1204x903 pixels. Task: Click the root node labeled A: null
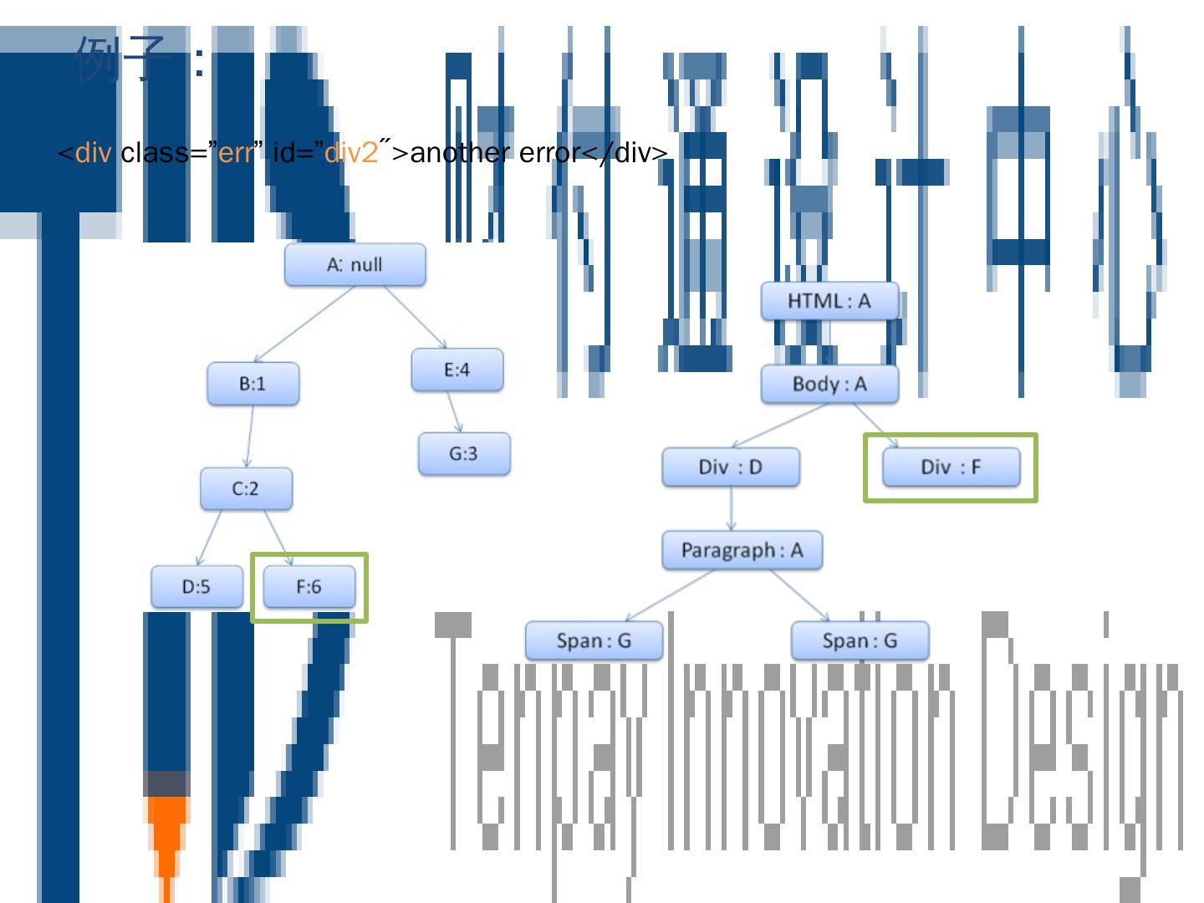[x=355, y=265]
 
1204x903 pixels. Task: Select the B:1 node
[x=253, y=384]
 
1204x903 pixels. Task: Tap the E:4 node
[x=457, y=370]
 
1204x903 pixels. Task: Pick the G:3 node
[x=463, y=454]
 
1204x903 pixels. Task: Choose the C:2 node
[x=246, y=488]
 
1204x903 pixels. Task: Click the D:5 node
[x=196, y=586]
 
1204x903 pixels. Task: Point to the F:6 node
[x=309, y=586]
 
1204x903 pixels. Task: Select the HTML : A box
[x=829, y=301]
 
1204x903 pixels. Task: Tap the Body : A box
[x=829, y=385]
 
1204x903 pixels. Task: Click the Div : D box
[x=730, y=467]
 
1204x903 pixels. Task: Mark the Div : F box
[x=951, y=467]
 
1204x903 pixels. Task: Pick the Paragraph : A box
[x=742, y=550]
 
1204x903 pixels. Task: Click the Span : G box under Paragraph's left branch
[x=594, y=641]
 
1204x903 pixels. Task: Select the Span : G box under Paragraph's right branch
[x=860, y=641]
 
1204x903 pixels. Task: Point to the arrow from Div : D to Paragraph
[x=732, y=508]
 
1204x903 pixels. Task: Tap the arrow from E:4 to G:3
[x=455, y=411]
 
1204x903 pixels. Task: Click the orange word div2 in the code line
[x=351, y=153]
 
